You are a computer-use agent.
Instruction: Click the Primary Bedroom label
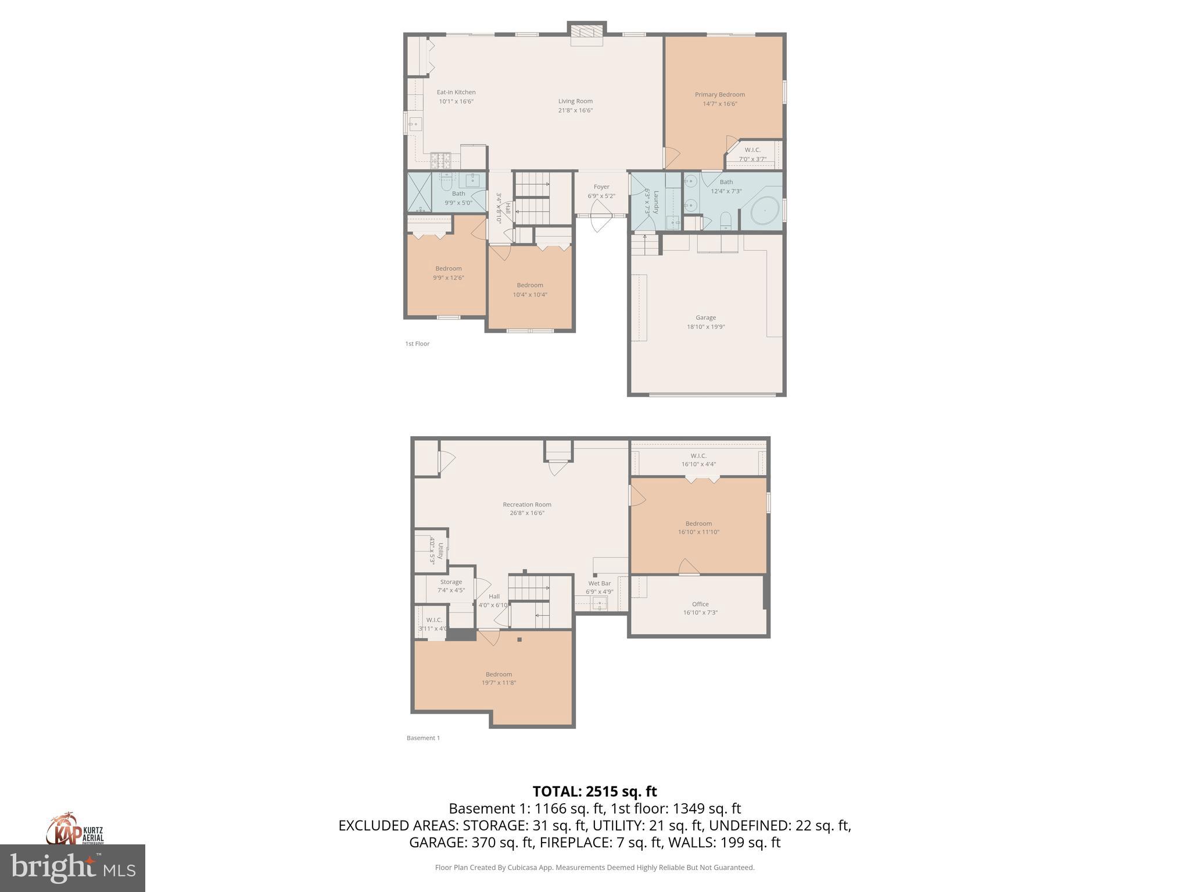[x=719, y=95]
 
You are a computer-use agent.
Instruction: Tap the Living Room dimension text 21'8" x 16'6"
[x=575, y=110]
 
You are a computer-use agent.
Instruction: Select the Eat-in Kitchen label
[x=456, y=92]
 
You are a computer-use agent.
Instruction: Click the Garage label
[x=705, y=318]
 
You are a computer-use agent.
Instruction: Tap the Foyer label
[x=601, y=187]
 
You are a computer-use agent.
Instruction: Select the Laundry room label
[x=656, y=202]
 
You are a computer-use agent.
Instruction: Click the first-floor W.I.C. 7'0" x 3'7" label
[x=752, y=150]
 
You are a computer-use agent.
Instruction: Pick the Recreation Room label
[x=527, y=505]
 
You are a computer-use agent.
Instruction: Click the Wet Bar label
[x=599, y=584]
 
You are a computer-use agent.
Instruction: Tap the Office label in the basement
[x=700, y=604]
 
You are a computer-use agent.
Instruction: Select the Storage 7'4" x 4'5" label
[x=451, y=582]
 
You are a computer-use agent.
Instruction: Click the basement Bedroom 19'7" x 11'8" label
[x=499, y=674]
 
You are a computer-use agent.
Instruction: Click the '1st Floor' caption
[x=417, y=344]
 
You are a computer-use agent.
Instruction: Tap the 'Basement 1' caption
[x=423, y=738]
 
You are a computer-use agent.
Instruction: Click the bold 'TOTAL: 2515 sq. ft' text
[x=594, y=792]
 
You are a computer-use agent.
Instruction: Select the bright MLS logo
[x=73, y=868]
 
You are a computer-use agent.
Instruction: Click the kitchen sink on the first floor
[x=415, y=124]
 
